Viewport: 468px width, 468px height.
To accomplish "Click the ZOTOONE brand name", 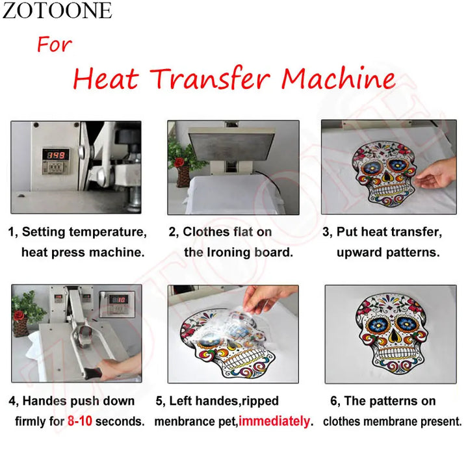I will pos(57,10).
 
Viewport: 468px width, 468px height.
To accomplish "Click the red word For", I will pos(54,45).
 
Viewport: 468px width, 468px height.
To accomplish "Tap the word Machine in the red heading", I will pos(338,79).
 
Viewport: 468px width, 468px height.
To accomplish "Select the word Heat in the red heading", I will pos(105,79).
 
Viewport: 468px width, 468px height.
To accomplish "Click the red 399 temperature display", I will pos(55,155).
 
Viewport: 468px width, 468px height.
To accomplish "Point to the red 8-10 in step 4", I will pos(79,421).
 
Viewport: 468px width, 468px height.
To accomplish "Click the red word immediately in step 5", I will pos(274,421).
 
